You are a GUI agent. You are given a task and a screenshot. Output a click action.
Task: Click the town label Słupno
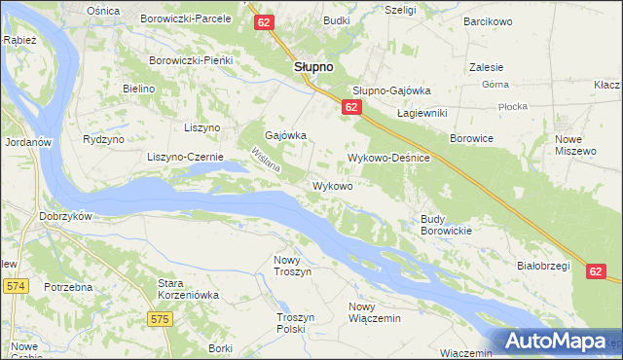313,67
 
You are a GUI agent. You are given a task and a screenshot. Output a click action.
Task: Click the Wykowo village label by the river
332,185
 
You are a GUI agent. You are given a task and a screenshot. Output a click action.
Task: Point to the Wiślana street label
266,162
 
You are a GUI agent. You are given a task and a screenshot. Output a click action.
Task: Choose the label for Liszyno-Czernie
185,157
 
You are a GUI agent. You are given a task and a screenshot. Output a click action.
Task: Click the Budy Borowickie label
446,226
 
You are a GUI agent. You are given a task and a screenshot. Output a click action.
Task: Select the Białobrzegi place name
541,265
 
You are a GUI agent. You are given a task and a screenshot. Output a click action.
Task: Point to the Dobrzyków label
65,216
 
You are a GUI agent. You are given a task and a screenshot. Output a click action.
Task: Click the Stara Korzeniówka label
188,289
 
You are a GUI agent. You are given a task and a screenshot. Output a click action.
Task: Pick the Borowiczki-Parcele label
186,18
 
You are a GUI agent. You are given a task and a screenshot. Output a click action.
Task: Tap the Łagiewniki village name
421,113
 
